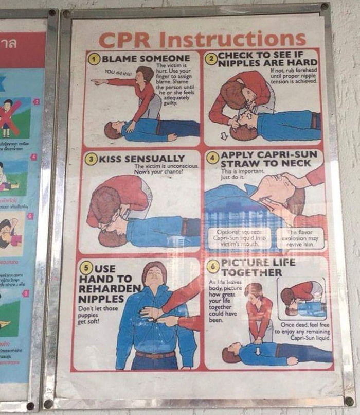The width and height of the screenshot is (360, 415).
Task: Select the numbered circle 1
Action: [x=94, y=59]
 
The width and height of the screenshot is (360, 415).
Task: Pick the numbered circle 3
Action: [x=91, y=158]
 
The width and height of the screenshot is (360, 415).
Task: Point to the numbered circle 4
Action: [x=212, y=158]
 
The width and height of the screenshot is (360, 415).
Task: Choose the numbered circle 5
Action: [x=86, y=268]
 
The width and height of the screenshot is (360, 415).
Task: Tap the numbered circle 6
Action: [x=213, y=266]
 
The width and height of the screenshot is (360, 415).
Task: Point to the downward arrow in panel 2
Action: [x=224, y=136]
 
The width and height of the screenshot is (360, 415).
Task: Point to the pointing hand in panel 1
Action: [x=96, y=81]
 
